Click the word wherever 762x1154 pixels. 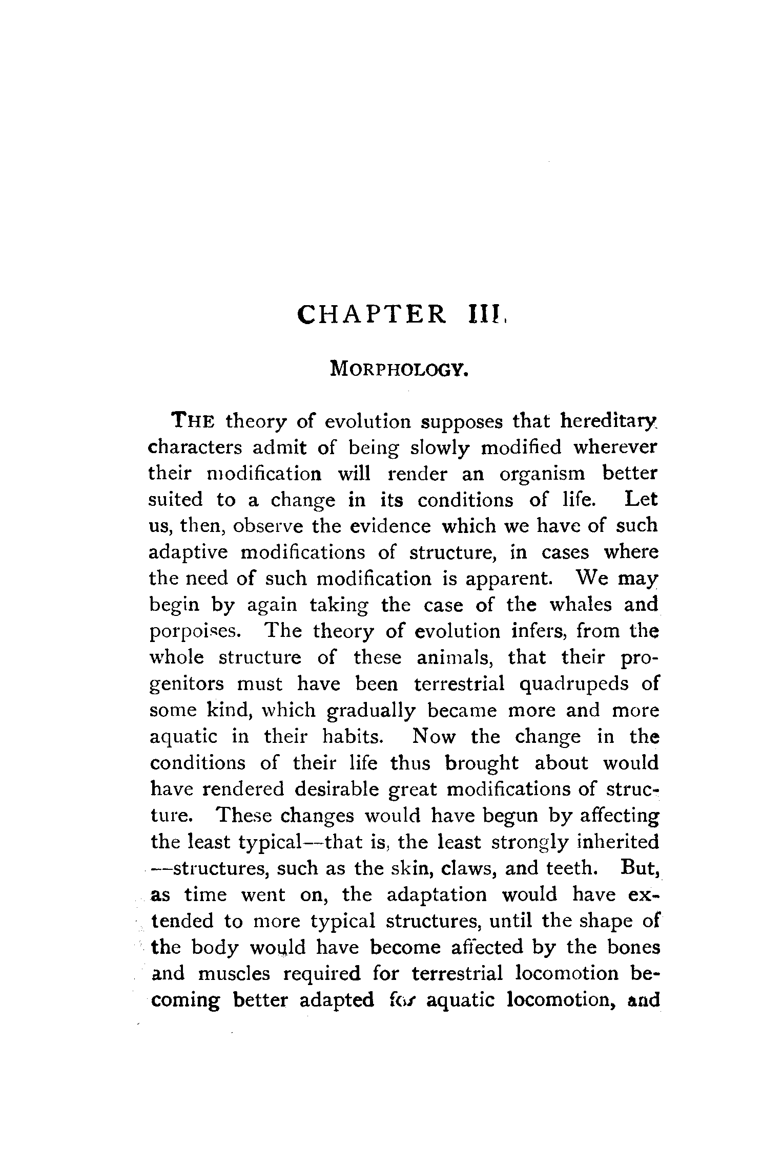[614, 447]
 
